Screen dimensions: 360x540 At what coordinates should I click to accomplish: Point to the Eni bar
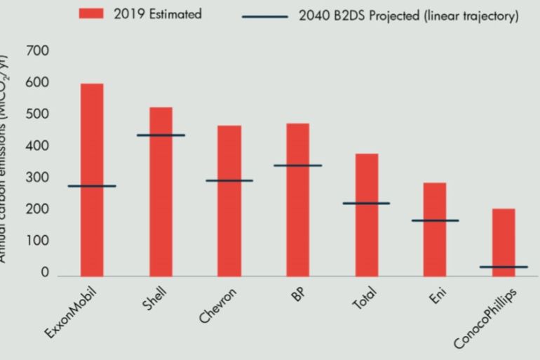[x=435, y=246]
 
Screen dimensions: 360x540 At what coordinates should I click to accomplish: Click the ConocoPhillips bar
[x=504, y=239]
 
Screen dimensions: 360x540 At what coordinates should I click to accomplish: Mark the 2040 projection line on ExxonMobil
[x=92, y=186]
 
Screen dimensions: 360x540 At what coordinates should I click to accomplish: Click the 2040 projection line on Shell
[x=161, y=135]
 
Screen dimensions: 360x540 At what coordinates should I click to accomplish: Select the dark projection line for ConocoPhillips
[x=504, y=267]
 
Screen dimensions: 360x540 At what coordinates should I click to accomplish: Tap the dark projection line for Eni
[x=435, y=220]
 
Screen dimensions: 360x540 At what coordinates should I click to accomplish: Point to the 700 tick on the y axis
[x=37, y=52]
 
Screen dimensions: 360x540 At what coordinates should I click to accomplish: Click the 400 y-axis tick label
[x=37, y=147]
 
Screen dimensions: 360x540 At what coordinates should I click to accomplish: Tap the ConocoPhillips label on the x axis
[x=485, y=317]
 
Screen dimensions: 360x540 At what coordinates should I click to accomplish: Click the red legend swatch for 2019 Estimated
[x=91, y=14]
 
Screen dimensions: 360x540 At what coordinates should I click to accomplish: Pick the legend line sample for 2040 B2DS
[x=264, y=16]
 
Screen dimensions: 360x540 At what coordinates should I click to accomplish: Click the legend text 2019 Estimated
[x=157, y=14]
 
